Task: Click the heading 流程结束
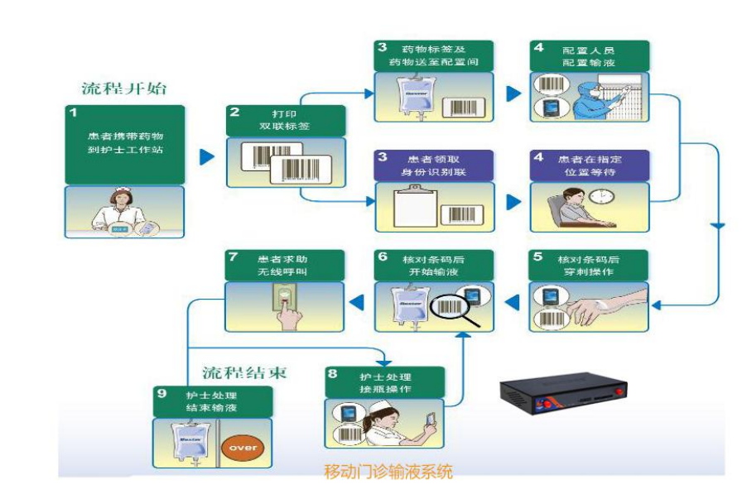(x=244, y=372)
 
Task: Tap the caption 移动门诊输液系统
(x=390, y=473)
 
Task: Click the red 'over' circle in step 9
(x=243, y=448)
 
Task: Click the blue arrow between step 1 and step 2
(x=205, y=156)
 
